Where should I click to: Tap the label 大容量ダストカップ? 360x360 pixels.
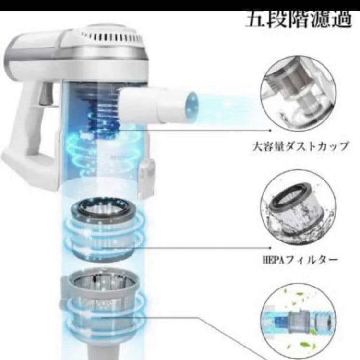pyautogui.click(x=300, y=146)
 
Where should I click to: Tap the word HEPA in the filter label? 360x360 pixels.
pyautogui.click(x=270, y=260)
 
